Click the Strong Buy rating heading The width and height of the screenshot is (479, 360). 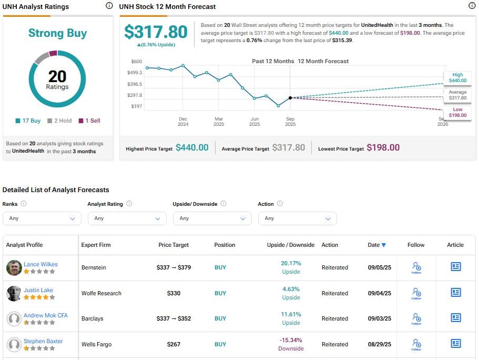(x=57, y=34)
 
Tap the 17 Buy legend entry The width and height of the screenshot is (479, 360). (x=28, y=121)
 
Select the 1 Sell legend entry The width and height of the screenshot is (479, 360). (x=89, y=121)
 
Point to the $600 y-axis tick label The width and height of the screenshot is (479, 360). (x=136, y=62)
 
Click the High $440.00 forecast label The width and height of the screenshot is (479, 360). (x=457, y=78)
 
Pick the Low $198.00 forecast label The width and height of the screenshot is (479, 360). (x=457, y=112)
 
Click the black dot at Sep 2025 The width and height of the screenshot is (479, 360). (x=290, y=97)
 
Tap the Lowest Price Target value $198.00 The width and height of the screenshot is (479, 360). (x=383, y=148)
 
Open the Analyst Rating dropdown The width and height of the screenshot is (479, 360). (x=127, y=218)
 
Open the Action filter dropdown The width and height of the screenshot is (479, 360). (x=297, y=218)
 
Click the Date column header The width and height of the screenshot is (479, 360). (x=376, y=245)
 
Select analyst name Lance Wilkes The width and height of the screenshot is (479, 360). (x=40, y=264)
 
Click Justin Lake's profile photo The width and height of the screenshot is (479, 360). (x=14, y=294)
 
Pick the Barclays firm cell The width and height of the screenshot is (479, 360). (x=93, y=318)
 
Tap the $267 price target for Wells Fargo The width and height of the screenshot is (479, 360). (x=174, y=344)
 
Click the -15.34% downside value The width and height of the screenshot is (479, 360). (x=291, y=340)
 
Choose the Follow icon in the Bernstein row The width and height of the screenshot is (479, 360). (x=416, y=267)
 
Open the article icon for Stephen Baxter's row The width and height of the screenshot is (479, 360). (x=456, y=344)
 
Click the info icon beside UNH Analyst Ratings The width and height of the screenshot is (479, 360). (x=109, y=6)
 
